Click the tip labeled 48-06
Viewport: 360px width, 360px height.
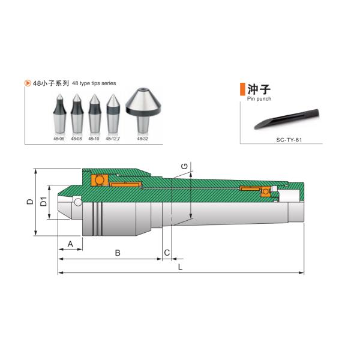click(x=59, y=113)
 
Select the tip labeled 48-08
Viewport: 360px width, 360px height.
click(x=77, y=113)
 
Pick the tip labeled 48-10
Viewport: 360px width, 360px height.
click(x=95, y=113)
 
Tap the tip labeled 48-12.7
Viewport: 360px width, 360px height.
click(x=113, y=113)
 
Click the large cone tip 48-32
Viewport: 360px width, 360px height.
click(x=143, y=110)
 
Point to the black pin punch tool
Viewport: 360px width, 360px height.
click(x=287, y=119)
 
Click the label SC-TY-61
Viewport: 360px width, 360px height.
click(x=289, y=140)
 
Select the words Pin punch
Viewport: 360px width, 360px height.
click(x=259, y=99)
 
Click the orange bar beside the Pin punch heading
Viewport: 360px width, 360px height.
click(x=242, y=89)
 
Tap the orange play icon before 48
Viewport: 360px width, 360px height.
click(x=28, y=83)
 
